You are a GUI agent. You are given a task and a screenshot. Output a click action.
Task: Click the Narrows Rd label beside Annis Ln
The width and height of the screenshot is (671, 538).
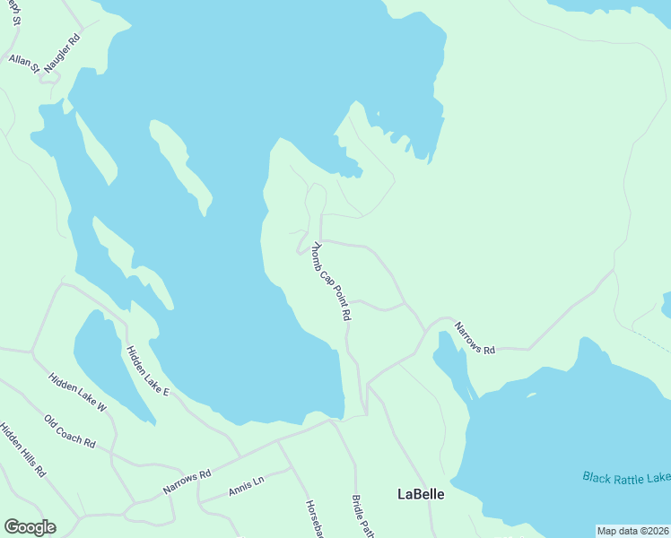[x=187, y=481]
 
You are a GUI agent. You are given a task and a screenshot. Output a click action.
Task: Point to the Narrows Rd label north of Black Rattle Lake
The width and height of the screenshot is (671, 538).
[x=475, y=339]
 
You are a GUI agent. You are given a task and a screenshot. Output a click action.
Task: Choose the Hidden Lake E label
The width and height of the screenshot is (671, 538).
[x=147, y=372]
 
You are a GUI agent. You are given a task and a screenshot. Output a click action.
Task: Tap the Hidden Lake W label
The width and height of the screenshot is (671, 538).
[x=78, y=395]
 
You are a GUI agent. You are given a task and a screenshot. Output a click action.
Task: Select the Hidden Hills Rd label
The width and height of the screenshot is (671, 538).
[x=22, y=450]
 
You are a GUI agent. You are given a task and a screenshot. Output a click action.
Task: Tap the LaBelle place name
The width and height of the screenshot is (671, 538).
[x=421, y=494]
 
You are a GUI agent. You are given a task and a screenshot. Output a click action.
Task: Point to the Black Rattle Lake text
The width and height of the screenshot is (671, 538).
[x=625, y=478]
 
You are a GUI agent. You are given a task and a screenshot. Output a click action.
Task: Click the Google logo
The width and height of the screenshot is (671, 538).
[x=30, y=526]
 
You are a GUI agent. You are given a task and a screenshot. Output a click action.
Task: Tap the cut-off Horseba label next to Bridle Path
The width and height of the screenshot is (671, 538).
[x=313, y=517]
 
